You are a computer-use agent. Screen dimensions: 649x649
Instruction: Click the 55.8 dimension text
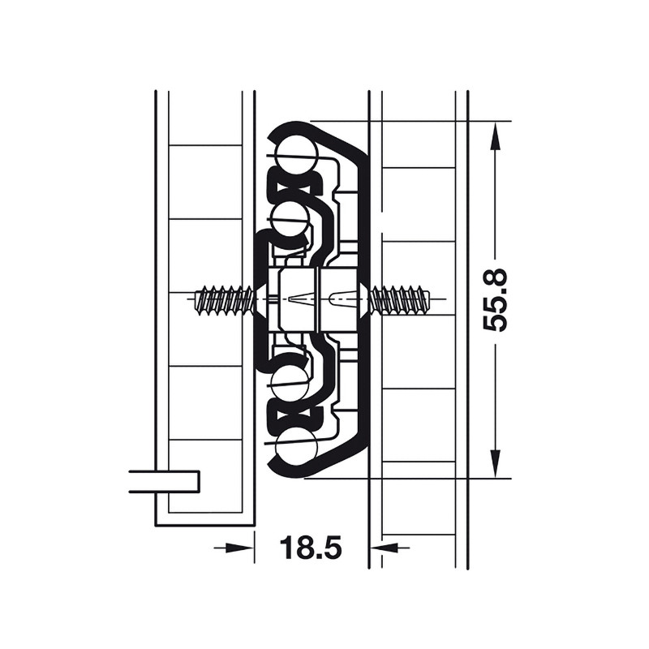coord(495,299)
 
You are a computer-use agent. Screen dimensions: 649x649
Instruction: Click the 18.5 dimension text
coord(311,547)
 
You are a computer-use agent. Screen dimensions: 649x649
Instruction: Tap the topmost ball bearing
coord(297,156)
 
